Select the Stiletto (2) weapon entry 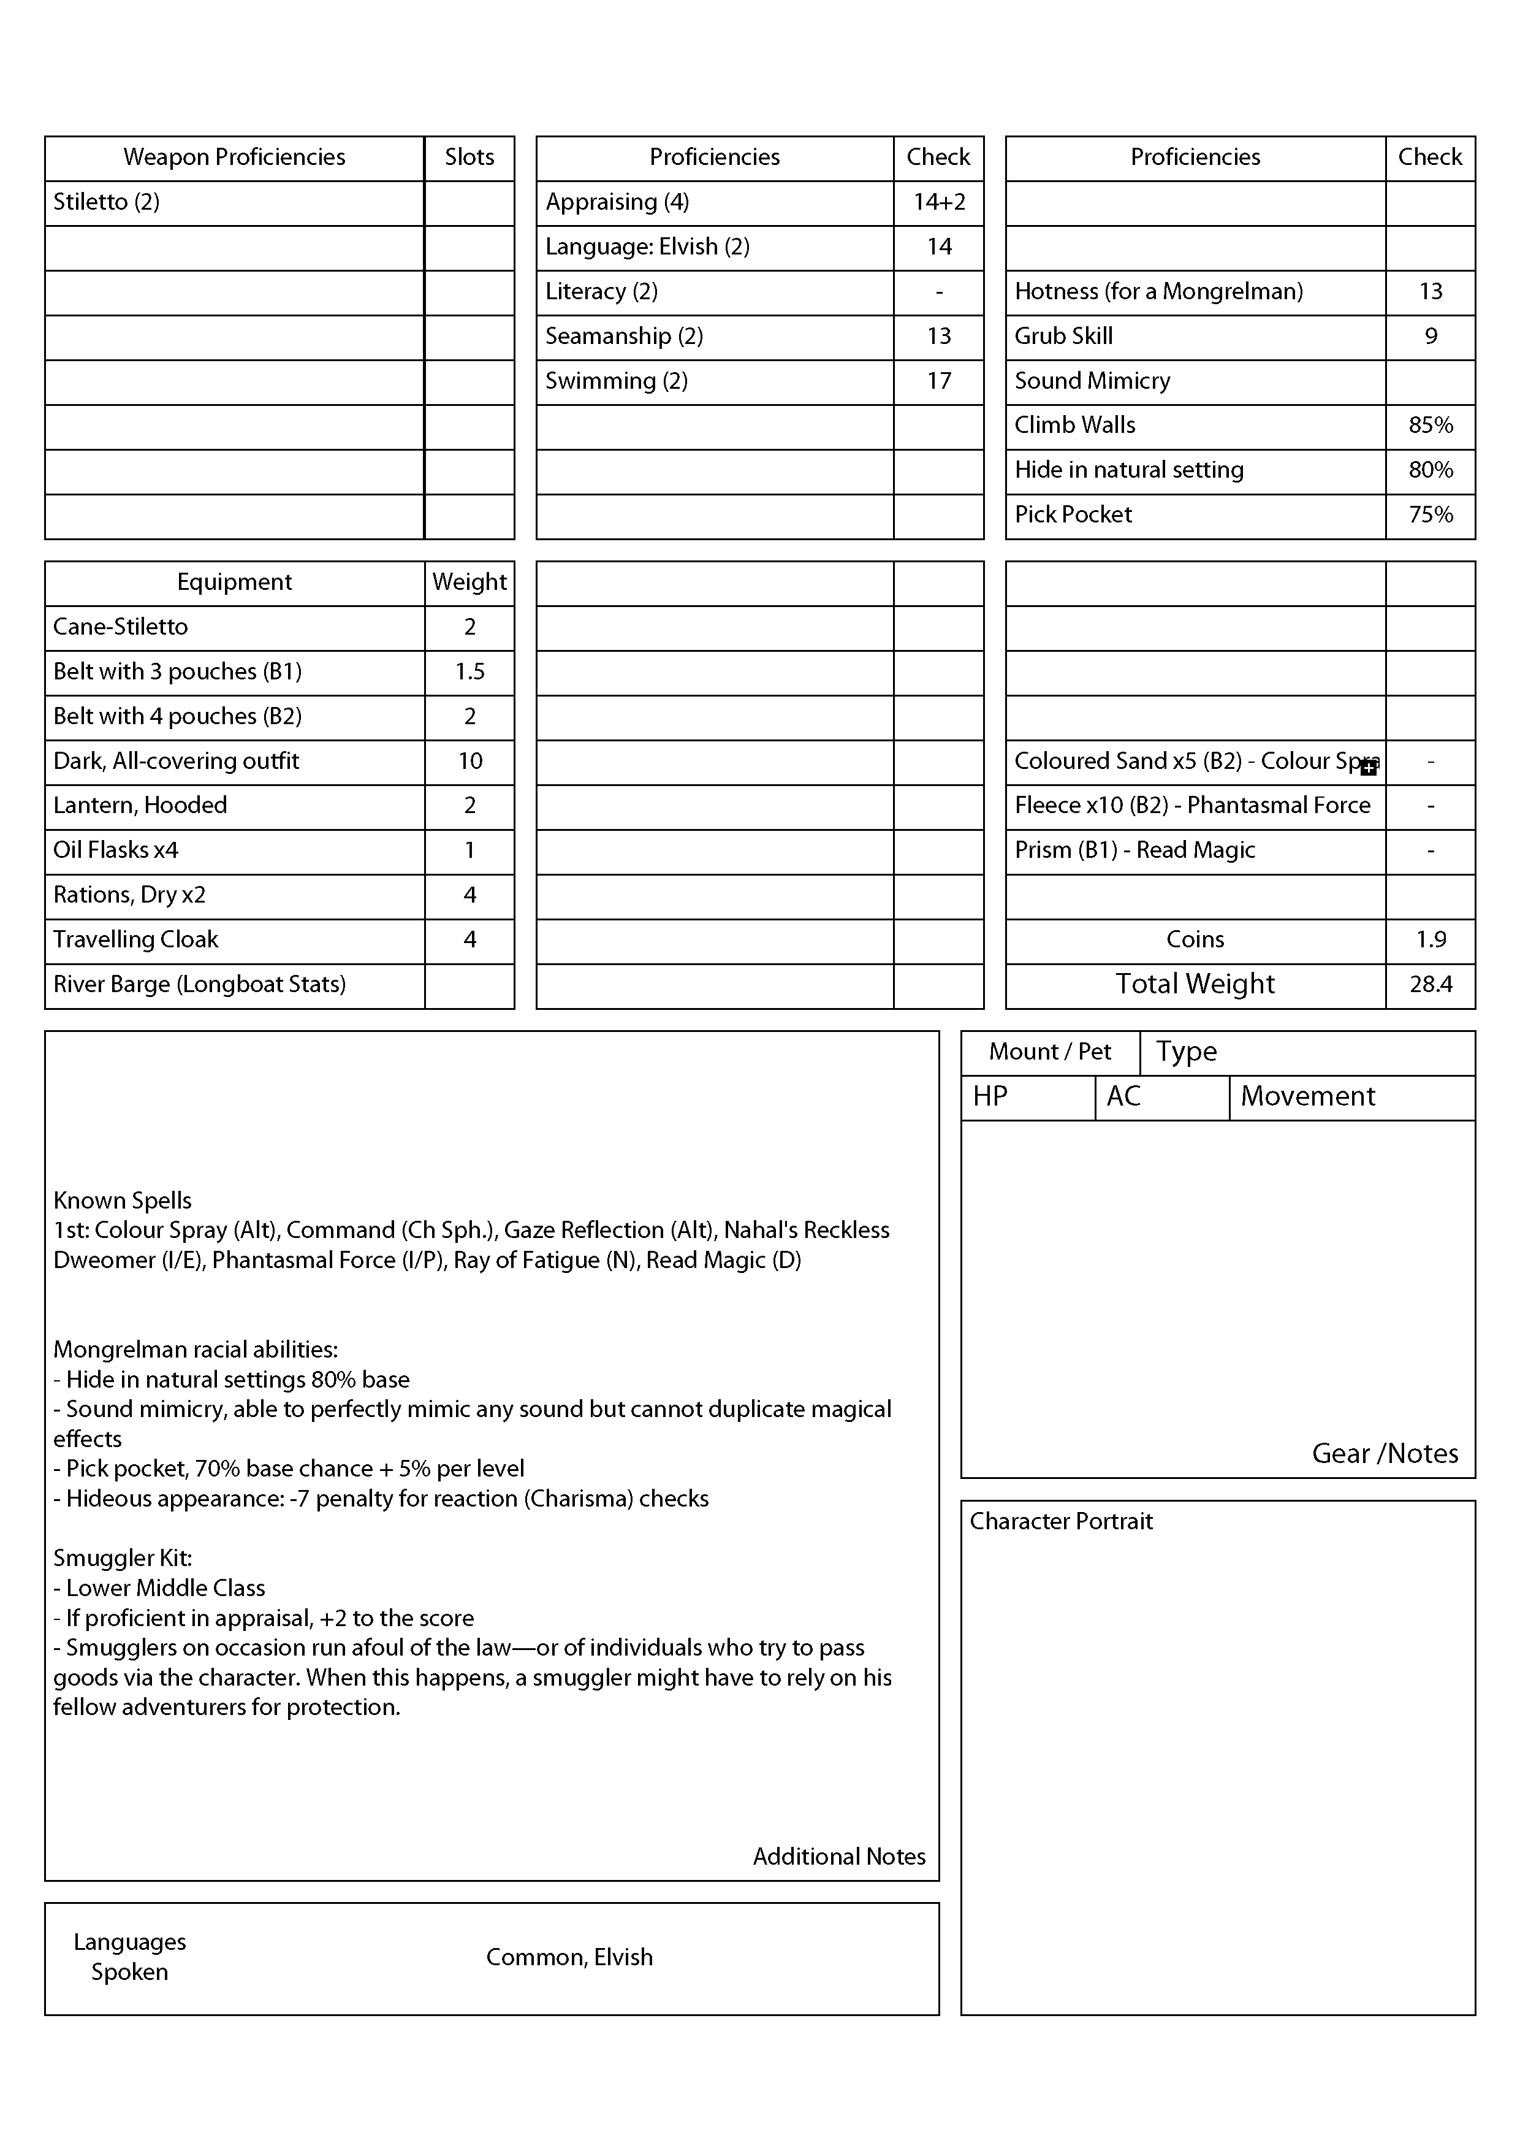click(x=106, y=202)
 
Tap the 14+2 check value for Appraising click(x=938, y=202)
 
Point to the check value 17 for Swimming click(x=938, y=381)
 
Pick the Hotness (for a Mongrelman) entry click(x=1158, y=291)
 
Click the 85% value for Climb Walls click(x=1430, y=426)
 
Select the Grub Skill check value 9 click(x=1430, y=337)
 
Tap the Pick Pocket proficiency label click(x=1073, y=514)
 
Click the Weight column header click(x=469, y=583)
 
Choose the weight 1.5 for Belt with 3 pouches click(x=469, y=671)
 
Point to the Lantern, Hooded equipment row click(x=140, y=806)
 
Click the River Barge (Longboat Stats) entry click(x=199, y=985)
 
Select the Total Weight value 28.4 click(x=1430, y=985)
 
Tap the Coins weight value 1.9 click(x=1430, y=939)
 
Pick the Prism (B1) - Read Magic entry click(x=1134, y=850)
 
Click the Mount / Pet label click(x=1050, y=1052)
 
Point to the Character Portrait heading click(x=1061, y=1521)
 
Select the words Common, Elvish click(x=569, y=1957)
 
